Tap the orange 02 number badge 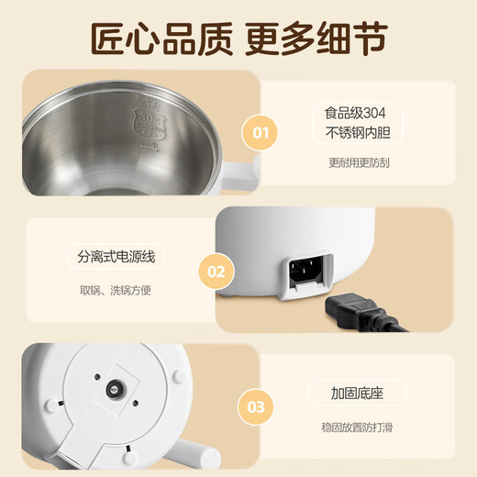215,272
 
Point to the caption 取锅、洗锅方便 116,293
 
